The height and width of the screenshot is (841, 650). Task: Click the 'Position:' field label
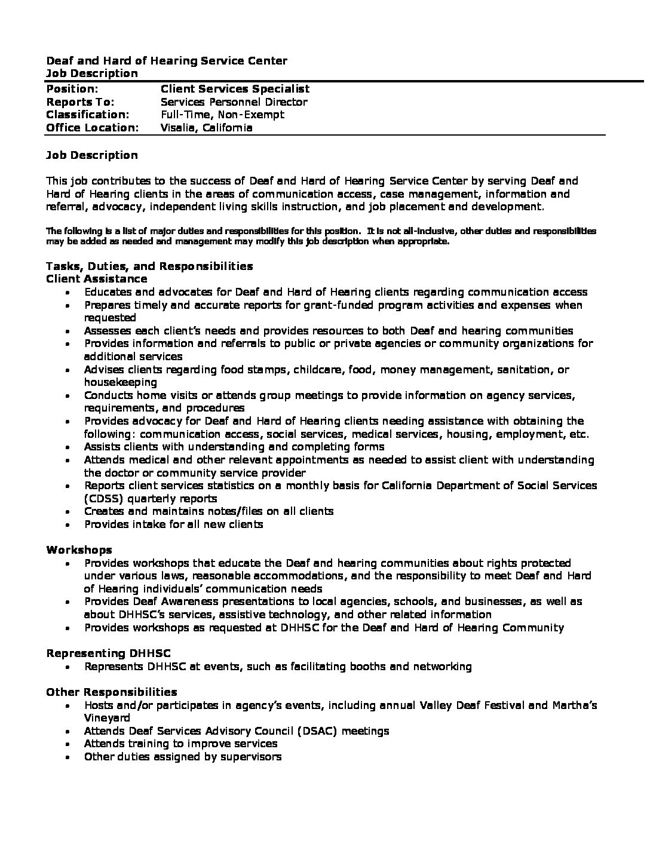[72, 89]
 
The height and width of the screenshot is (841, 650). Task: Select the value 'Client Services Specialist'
[235, 89]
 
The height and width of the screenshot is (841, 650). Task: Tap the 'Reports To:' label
[80, 102]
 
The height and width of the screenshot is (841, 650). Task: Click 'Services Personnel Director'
[234, 102]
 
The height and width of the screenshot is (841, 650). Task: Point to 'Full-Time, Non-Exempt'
[222, 115]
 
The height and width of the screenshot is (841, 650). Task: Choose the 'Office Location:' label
[93, 128]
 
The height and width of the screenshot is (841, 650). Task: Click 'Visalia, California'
[207, 128]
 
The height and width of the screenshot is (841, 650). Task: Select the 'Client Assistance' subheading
[97, 279]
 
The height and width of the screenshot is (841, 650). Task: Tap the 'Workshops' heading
[79, 550]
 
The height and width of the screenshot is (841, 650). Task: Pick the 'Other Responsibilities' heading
[112, 692]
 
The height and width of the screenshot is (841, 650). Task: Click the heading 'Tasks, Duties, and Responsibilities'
[149, 266]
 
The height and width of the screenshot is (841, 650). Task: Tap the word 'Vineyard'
[107, 718]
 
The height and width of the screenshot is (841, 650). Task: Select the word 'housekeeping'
[121, 382]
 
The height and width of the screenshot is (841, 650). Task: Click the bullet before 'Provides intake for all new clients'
[70, 525]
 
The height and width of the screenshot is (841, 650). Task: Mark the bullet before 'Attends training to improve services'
[70, 744]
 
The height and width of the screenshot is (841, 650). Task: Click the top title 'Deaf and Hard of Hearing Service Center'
[167, 61]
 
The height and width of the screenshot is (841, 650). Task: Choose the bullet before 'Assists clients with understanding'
[70, 447]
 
